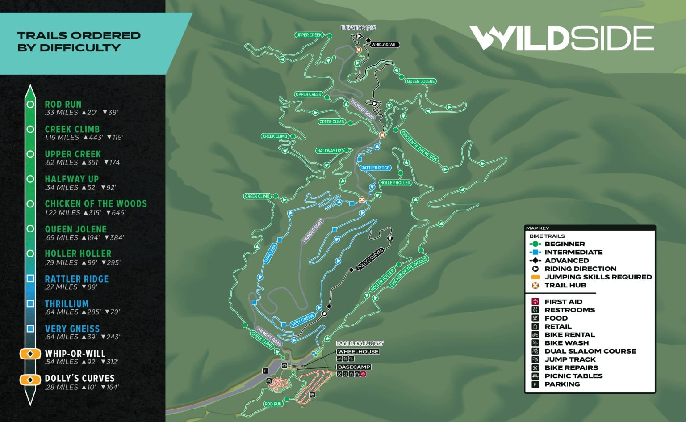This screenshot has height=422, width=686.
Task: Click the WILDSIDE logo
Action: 561,38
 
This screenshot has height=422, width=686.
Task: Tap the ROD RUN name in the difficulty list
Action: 63,104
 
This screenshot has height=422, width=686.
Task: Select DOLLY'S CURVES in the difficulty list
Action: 79,378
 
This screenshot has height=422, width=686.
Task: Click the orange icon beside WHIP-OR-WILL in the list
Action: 30,354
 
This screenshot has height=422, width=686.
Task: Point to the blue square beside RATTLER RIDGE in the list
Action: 30,279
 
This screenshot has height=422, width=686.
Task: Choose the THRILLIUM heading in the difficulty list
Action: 67,304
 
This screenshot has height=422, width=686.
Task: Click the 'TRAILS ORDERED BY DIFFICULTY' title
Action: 79,42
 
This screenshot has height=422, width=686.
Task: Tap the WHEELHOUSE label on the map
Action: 358,352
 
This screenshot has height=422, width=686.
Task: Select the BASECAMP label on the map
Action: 354,367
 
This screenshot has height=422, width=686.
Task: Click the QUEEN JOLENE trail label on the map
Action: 421,81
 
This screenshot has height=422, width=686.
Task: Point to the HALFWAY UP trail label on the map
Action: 329,151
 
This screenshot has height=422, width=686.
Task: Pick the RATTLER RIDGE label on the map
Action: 375,168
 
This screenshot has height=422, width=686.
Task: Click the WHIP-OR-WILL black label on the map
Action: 385,45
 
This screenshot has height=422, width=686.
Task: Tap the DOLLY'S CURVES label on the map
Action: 370,258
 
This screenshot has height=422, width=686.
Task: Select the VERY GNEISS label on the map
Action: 302,320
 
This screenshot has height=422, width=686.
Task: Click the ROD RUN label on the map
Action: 273,404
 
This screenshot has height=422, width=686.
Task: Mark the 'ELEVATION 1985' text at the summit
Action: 358,28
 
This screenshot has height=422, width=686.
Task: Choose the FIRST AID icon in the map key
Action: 535,302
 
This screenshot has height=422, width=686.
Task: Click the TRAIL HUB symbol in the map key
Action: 535,285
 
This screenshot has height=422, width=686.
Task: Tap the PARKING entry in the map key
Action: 562,384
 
